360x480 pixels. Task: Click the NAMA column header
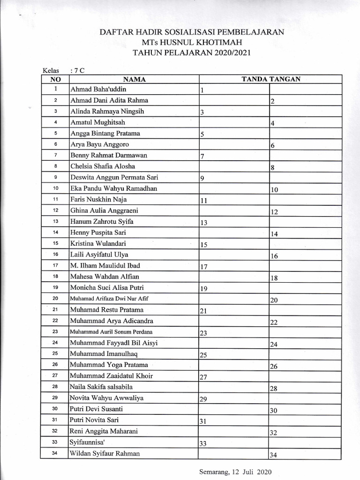[x=134, y=79]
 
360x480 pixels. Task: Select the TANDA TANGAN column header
[x=271, y=79]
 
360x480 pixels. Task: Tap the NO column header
[x=56, y=79]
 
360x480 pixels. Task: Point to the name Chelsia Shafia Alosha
[x=103, y=166]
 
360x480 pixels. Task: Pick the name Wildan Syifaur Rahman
[x=105, y=453]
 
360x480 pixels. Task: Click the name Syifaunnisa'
[x=87, y=442]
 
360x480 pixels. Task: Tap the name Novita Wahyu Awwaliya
[x=106, y=398]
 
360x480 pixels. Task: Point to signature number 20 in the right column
[x=275, y=300]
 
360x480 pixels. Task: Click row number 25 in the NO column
[x=55, y=354]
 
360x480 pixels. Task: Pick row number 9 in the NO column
[x=55, y=177]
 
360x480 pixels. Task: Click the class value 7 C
[x=75, y=71]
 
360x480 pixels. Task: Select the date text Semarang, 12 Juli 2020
[x=235, y=472]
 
